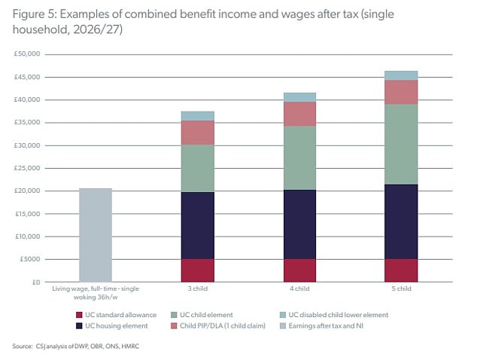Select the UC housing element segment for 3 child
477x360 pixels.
pos(197,225)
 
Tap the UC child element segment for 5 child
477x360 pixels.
pos(400,144)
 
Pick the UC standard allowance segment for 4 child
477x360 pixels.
pos(299,270)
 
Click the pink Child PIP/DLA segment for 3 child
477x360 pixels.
pos(197,132)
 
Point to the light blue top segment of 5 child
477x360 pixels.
pos(400,75)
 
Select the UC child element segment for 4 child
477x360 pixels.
pos(299,157)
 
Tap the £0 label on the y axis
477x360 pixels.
pos(35,282)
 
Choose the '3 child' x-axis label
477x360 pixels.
pos(197,288)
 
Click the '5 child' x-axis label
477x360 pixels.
pos(400,288)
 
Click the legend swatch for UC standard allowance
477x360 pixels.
pos(80,314)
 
